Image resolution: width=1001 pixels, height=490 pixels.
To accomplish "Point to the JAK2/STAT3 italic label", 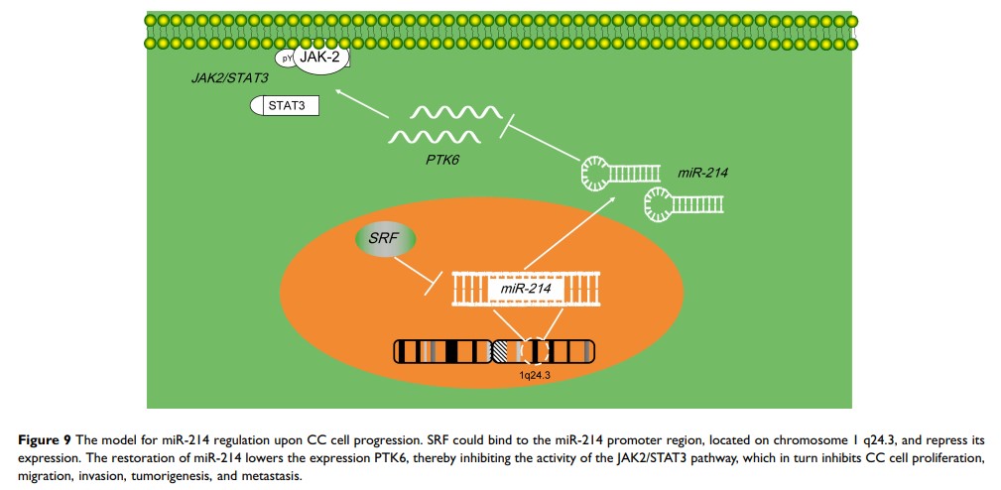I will pos(229,75).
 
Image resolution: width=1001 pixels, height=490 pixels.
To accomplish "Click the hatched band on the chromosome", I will pos(504,352).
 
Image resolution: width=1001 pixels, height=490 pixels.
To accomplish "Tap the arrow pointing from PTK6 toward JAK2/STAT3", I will pos(361,104).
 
